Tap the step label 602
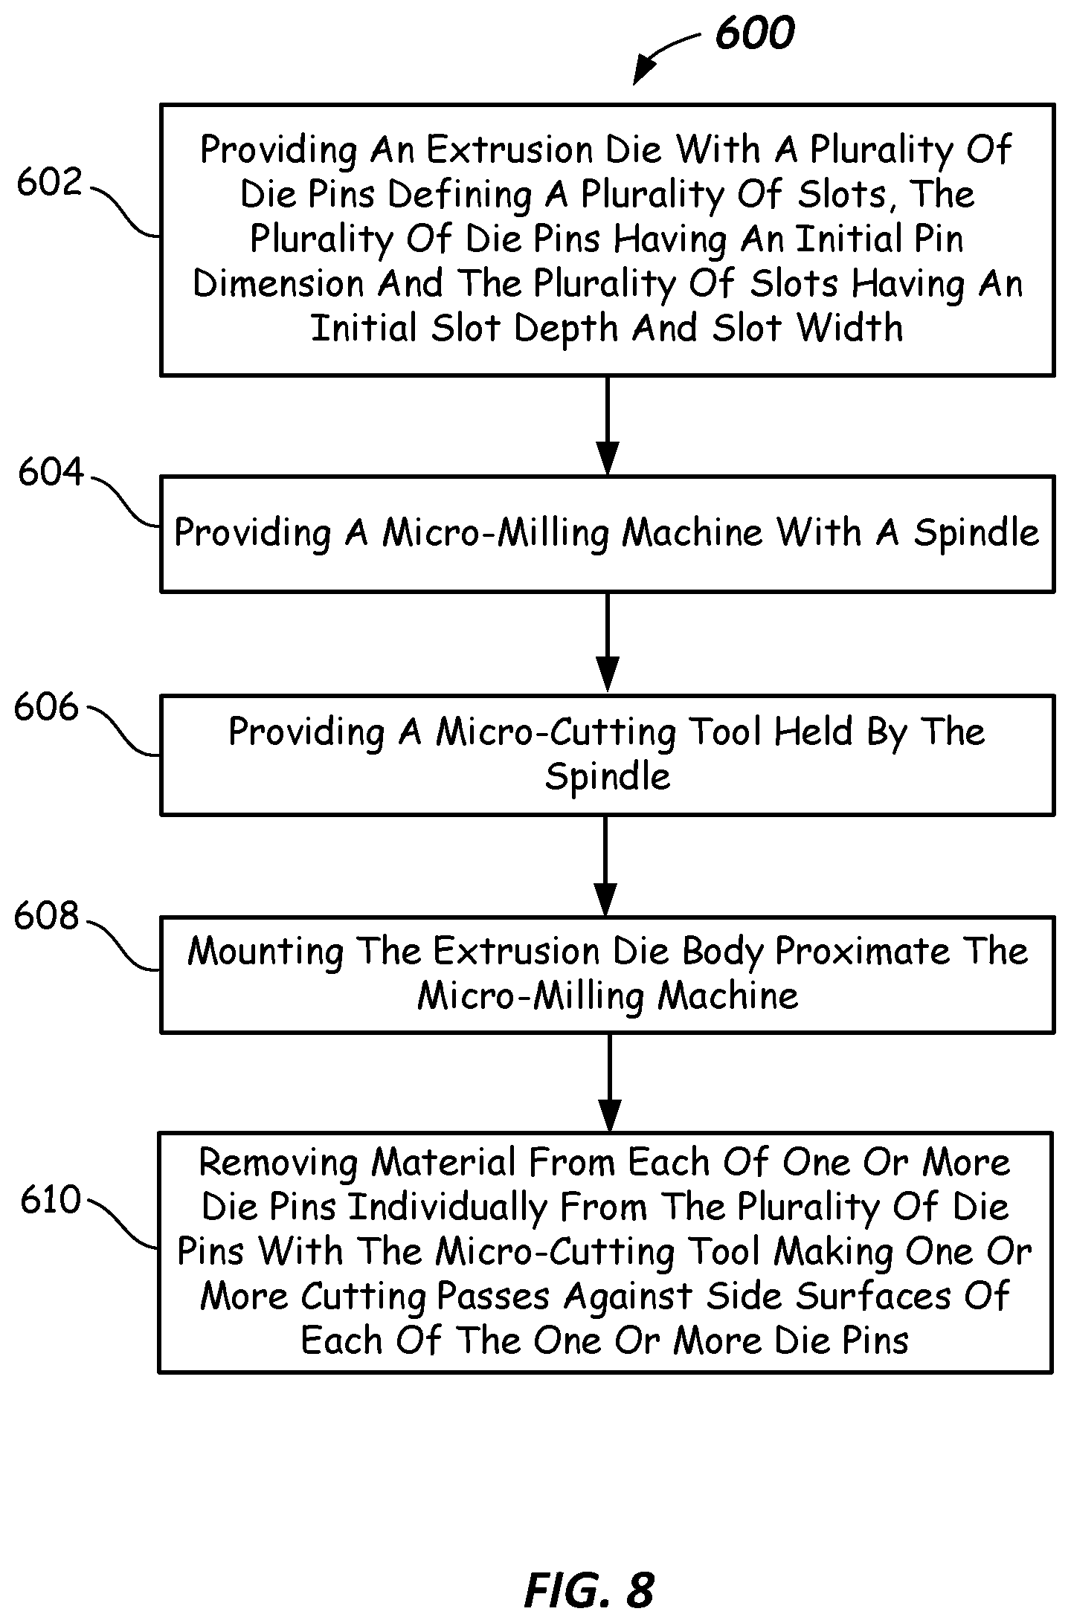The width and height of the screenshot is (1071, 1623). [x=49, y=182]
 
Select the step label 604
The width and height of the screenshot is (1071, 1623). [x=51, y=471]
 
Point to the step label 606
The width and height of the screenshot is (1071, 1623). [x=46, y=706]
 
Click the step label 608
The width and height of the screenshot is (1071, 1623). [x=46, y=916]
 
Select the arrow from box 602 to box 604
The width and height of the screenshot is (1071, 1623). [x=608, y=425]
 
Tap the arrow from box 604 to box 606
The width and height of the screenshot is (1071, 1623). [x=608, y=643]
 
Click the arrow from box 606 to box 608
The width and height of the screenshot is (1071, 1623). [x=606, y=865]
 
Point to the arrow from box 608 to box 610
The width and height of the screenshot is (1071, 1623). [x=609, y=1082]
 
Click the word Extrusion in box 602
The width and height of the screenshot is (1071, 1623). [x=512, y=150]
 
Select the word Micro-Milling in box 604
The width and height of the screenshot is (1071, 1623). [x=498, y=533]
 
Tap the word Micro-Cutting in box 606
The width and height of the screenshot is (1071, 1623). [x=556, y=732]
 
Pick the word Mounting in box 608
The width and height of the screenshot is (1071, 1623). [x=266, y=952]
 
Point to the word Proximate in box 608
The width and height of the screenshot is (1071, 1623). [x=862, y=952]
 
